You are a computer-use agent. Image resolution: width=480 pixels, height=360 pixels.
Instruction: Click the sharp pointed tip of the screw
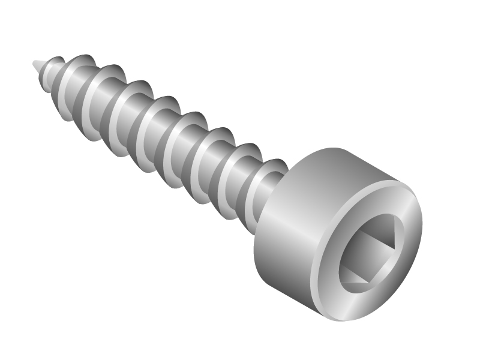35,62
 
